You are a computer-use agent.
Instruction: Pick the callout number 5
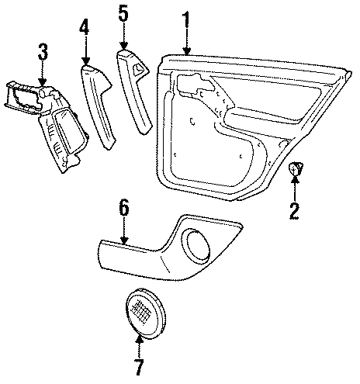(123, 13)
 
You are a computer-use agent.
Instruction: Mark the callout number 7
(139, 364)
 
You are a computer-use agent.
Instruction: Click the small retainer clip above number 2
(296, 168)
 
